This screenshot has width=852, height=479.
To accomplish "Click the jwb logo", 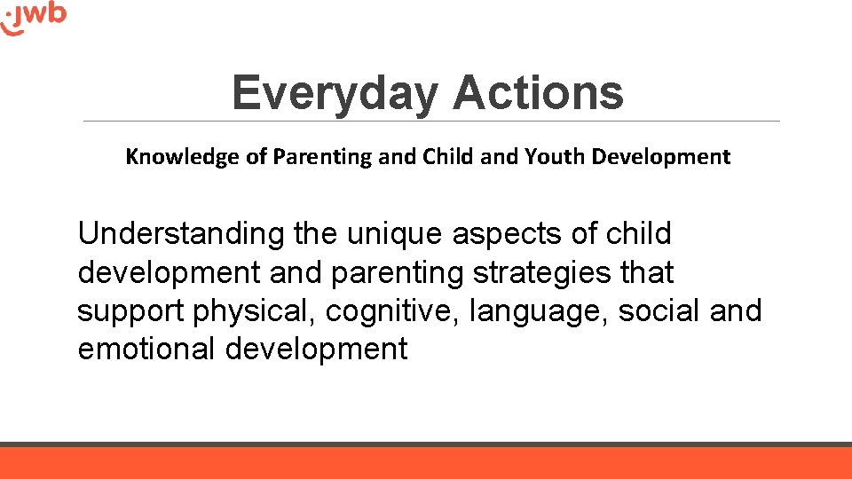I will [x=35, y=18].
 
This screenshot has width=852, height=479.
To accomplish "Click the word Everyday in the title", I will [x=335, y=93].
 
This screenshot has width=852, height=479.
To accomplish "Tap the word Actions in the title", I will [x=538, y=93].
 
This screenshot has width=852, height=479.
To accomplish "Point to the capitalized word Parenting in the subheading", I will [x=323, y=157].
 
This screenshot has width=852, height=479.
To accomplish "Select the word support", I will [x=129, y=311].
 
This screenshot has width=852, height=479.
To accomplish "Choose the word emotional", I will [x=147, y=349].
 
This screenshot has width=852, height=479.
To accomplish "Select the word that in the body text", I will [x=647, y=272].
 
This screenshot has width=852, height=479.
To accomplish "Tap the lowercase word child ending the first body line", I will [x=639, y=234].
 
